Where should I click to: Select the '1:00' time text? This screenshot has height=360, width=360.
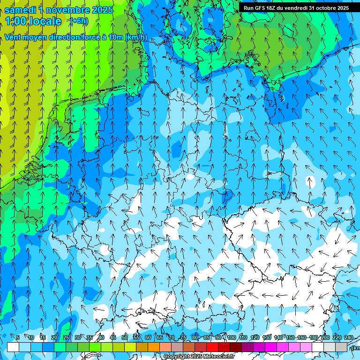click(15, 21)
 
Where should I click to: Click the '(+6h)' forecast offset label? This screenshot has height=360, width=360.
click(78, 21)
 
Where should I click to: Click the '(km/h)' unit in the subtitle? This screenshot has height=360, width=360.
click(136, 37)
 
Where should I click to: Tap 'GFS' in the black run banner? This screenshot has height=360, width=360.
click(262, 8)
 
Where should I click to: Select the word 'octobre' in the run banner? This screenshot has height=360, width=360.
click(325, 8)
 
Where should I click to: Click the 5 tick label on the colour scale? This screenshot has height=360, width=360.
click(18, 337)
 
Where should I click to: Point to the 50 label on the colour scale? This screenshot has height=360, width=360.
click(125, 337)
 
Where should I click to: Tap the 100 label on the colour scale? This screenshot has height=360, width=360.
click(231, 337)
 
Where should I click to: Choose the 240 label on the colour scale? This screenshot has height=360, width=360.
click(349, 337)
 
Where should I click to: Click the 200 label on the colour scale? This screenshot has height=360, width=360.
click(325, 337)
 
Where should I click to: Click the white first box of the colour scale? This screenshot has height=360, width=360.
click(13, 347)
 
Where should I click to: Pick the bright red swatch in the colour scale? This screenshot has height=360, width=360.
click(212, 347)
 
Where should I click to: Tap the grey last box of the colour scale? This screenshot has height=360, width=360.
click(341, 347)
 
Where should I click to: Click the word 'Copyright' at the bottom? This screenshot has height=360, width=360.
click(177, 357)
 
